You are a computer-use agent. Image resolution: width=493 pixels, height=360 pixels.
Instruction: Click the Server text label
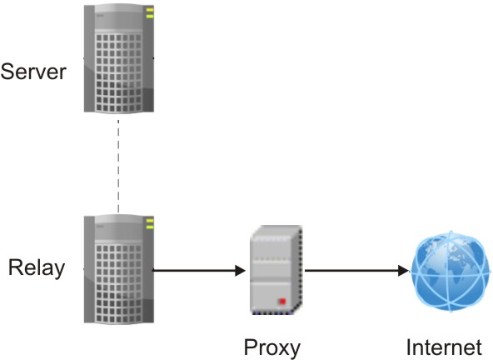pos(33,72)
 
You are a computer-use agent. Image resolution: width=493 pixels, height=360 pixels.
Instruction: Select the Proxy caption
pos(271,346)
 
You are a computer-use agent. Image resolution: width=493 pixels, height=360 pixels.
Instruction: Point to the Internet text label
pos(444,346)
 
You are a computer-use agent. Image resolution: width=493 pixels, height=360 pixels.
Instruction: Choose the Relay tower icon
pos(119,268)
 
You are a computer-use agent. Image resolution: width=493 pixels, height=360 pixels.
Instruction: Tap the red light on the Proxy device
pos(283,300)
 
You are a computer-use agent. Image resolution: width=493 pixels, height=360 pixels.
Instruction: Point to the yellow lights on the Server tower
pos(150,13)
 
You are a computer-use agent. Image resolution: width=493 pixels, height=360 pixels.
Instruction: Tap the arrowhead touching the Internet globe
pos(405,270)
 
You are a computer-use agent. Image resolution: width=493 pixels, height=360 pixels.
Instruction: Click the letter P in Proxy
pos(250,346)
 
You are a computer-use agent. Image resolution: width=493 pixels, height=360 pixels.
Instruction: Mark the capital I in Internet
pos(409,346)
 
